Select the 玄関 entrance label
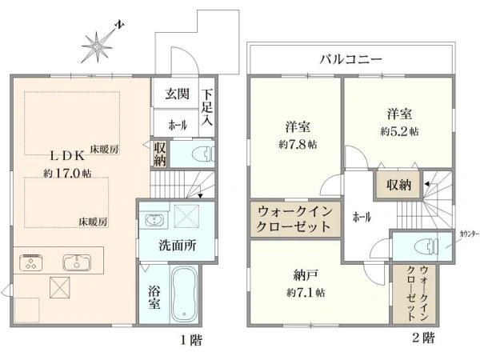[177, 94]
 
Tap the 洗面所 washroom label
[177, 246]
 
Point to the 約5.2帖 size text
[398, 130]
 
